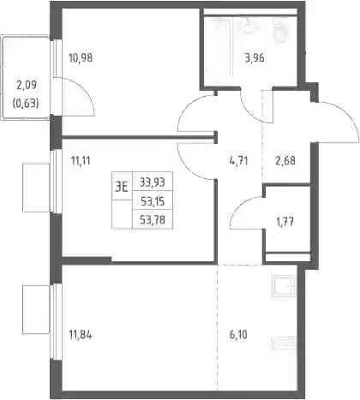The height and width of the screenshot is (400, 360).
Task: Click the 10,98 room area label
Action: coord(81,58)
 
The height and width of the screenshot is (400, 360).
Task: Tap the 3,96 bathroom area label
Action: coord(255,58)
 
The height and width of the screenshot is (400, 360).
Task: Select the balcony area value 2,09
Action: coord(27,85)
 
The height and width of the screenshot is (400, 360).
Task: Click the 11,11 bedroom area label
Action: coord(81,161)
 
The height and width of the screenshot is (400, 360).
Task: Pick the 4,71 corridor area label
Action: coord(238,161)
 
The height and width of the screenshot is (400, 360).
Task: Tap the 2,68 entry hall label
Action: coord(285,160)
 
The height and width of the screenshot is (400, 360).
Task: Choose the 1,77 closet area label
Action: coord(285,222)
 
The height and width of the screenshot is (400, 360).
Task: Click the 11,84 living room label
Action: coord(81,335)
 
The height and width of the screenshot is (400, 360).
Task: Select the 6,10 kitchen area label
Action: coord(238,334)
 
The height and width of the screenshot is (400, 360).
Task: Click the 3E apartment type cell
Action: coord(122,188)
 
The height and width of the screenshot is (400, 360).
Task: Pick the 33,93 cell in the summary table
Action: coord(153,182)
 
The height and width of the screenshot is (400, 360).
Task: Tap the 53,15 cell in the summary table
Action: coord(153,201)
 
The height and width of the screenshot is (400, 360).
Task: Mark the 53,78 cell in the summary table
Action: coord(153,220)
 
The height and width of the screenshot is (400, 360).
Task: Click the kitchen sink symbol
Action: coord(283,286)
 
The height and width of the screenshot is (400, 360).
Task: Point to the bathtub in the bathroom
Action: coord(219,51)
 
